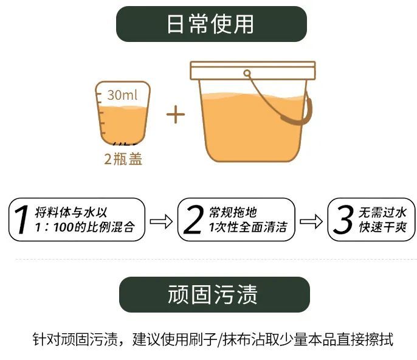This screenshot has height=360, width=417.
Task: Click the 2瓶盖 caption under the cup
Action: pos(123,160)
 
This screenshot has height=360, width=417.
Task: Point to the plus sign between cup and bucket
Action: pos(175,114)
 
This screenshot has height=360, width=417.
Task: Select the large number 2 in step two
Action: pos(192,220)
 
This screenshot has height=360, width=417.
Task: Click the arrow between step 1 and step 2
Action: pos(160,220)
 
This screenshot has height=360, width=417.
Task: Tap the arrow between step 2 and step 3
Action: pos(311,220)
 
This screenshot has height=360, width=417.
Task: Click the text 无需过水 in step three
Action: pos(382,212)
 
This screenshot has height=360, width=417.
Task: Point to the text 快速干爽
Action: pos(382,228)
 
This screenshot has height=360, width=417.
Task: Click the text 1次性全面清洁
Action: pos(247,228)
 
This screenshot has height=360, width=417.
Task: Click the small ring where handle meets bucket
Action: pos(247,74)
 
